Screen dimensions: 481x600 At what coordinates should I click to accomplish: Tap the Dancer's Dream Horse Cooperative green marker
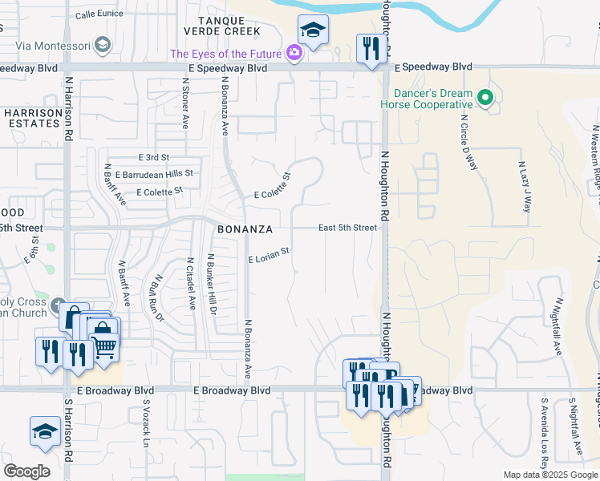pos(484,99)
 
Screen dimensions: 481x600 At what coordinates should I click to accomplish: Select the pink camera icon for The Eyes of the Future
pos(294,54)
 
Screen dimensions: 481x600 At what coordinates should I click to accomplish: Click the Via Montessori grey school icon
pos(103,45)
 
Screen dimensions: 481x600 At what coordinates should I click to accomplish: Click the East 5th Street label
pos(347,228)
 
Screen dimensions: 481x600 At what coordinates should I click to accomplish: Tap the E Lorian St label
pos(268,256)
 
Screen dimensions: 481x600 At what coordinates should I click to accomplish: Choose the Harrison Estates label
pos(33,118)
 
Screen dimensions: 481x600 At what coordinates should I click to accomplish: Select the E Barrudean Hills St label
pos(154,173)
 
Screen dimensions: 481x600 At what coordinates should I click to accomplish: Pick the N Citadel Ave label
pos(191,283)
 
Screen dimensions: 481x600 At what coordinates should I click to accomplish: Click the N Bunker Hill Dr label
pos(212,284)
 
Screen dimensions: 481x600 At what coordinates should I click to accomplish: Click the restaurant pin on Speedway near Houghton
pos(369,49)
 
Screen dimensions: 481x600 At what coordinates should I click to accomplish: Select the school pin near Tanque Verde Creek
pos(312,30)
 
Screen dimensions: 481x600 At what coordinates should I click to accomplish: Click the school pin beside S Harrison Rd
pos(45,431)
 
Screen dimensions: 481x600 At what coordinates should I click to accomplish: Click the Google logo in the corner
pos(26,471)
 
